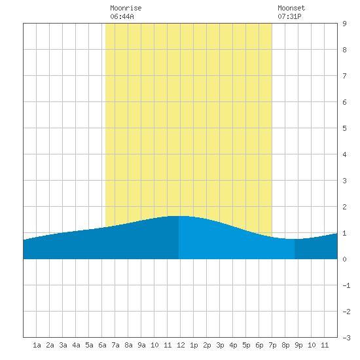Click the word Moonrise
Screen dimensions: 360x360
point(126,8)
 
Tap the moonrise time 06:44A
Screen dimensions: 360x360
point(122,16)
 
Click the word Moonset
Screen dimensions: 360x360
point(291,8)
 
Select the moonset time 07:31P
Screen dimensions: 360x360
point(289,16)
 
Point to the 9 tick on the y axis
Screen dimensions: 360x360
point(344,24)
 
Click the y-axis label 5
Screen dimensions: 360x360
point(344,128)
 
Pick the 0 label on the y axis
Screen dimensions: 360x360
point(344,259)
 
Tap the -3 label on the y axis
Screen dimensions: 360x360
point(346,338)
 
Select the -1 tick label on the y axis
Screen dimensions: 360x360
point(346,285)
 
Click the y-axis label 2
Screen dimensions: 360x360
point(344,207)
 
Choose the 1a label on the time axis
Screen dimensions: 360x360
point(37,345)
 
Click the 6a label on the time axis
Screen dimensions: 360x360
point(102,345)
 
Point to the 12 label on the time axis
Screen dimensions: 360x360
point(181,345)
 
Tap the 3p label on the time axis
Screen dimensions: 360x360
point(220,345)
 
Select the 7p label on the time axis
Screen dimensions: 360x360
point(272,345)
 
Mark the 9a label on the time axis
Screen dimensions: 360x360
point(141,345)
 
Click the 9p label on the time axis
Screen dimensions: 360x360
point(298,345)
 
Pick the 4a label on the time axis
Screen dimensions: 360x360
point(76,345)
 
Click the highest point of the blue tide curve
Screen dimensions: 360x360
point(179,216)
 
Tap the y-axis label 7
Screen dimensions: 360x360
point(344,76)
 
